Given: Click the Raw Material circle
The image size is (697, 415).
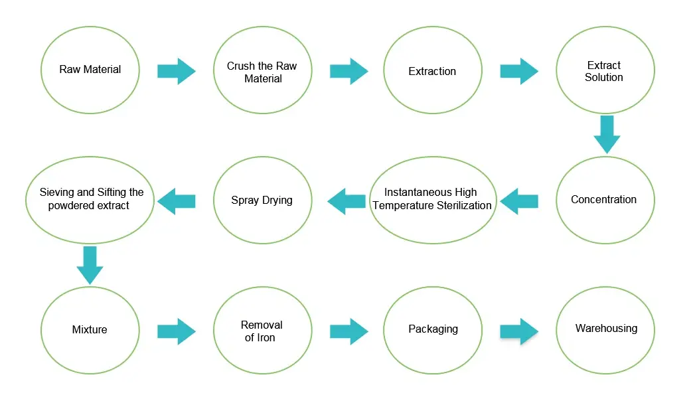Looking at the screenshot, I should (x=90, y=70).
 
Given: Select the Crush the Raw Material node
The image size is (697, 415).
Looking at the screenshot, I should (x=262, y=71).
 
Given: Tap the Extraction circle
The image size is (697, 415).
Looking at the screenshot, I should (x=433, y=71).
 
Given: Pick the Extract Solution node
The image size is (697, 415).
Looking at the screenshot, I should (x=605, y=71).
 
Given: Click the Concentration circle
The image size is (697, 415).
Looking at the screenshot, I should (x=605, y=199).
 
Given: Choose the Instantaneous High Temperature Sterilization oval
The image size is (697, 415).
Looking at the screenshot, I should (x=433, y=199).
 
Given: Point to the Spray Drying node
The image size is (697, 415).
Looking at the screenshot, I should (x=262, y=200).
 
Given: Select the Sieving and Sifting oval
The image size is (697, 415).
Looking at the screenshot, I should (x=90, y=199).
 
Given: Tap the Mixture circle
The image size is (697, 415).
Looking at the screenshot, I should (x=90, y=330).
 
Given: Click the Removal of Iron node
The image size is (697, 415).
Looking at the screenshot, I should (x=262, y=330).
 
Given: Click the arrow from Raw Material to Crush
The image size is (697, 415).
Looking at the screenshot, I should (x=177, y=71).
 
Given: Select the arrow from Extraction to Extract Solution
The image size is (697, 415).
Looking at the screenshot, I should (x=519, y=71).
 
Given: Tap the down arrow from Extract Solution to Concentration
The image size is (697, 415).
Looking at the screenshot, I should (x=606, y=135).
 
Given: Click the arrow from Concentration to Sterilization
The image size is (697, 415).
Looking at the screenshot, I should (x=519, y=201).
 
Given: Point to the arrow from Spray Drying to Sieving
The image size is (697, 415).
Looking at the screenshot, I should (x=176, y=201).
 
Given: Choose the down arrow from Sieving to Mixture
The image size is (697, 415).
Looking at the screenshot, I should (x=90, y=265).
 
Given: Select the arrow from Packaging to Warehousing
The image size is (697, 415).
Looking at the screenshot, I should (x=519, y=331).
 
